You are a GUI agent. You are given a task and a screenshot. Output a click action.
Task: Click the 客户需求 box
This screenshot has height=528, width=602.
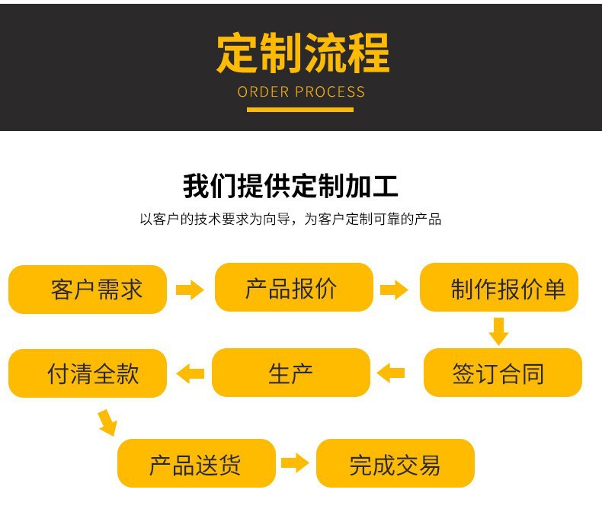[88, 290]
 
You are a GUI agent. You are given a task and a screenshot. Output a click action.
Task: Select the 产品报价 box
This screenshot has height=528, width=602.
[294, 288]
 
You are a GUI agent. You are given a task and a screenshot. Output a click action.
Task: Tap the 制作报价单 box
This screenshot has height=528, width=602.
[499, 288]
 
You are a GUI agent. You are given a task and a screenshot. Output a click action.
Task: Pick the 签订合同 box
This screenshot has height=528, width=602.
[502, 373]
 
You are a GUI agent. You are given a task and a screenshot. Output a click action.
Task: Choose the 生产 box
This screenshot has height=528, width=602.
[290, 373]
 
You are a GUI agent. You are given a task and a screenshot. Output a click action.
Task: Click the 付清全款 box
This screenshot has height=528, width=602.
[88, 373]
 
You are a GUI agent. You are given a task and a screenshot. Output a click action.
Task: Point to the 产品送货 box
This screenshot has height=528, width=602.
[196, 463]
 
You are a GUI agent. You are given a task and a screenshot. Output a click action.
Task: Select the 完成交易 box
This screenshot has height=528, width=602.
[395, 463]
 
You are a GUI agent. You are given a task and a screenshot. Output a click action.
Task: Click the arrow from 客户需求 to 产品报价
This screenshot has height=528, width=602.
[190, 290]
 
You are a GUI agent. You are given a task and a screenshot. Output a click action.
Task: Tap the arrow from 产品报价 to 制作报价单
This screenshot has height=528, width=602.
[394, 290]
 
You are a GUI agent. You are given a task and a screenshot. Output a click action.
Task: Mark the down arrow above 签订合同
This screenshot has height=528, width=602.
[498, 331]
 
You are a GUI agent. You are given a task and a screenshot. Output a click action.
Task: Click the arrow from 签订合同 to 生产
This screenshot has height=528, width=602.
[392, 373]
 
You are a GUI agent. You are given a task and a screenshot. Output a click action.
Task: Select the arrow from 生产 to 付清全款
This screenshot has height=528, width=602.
[191, 373]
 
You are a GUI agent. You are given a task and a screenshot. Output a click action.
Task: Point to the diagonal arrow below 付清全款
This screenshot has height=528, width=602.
[107, 421]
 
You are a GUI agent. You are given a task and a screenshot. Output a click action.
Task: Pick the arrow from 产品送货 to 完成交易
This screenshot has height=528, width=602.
[295, 463]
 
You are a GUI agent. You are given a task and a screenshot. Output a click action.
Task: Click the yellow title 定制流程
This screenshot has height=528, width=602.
[302, 53]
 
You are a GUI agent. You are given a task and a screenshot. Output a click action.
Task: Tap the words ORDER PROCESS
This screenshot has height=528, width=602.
[301, 92]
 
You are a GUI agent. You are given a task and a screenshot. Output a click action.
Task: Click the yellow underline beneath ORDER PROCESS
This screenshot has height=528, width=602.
[300, 110]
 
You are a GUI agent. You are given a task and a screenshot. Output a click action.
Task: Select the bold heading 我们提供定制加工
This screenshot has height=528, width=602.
[290, 186]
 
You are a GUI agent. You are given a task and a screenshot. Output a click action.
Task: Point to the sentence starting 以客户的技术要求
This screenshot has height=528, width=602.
[290, 219]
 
